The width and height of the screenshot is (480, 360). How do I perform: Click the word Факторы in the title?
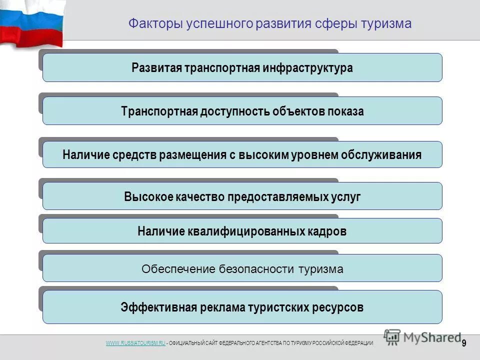click(x=148, y=24)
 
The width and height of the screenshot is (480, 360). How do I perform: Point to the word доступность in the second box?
click(x=235, y=111)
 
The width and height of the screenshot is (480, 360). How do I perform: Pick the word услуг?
click(x=346, y=196)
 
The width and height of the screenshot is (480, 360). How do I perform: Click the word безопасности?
click(x=257, y=269)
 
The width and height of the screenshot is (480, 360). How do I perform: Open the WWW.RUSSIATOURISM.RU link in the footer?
click(x=135, y=342)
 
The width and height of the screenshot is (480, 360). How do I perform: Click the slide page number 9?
click(x=464, y=343)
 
